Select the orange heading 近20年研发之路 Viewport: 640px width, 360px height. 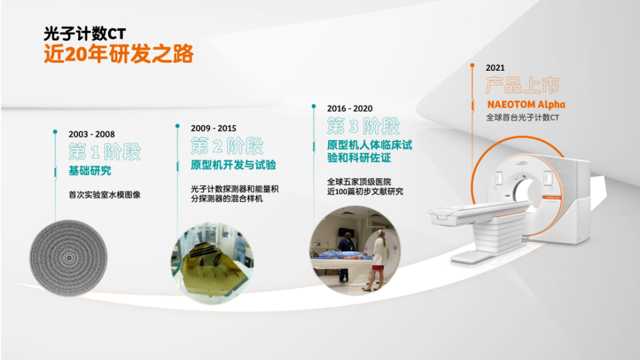[x=118, y=54]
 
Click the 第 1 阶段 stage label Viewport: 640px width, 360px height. [x=105, y=151]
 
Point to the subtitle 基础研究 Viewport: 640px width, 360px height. [x=90, y=171]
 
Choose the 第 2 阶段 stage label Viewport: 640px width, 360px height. [x=227, y=145]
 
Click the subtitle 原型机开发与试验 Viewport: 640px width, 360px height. [x=233, y=165]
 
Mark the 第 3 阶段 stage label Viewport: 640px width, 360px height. [x=363, y=125]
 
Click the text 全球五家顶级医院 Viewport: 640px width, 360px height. [x=359, y=181]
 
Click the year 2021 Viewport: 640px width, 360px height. [x=495, y=67]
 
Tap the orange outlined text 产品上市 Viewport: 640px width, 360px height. [x=523, y=85]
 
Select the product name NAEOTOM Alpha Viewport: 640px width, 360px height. [x=526, y=105]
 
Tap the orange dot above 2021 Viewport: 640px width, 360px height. [x=472, y=65]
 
